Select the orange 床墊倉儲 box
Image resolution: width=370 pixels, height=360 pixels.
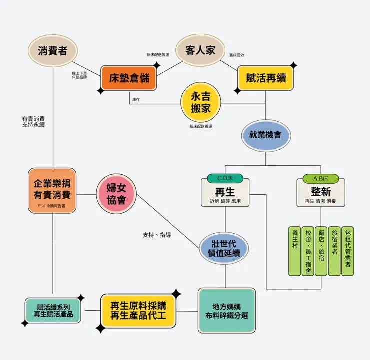[x=129, y=78]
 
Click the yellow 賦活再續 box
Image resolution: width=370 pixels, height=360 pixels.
[x=265, y=78]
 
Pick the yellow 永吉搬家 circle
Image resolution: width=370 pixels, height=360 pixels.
[x=200, y=102]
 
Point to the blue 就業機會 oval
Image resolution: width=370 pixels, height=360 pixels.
[x=266, y=135]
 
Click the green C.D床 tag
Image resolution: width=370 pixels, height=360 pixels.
[x=225, y=178]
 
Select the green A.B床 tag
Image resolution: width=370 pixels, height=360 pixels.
[x=321, y=178]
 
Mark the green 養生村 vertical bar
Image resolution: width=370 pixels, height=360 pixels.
[x=295, y=251]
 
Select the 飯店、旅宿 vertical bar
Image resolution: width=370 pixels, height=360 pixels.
[x=321, y=251]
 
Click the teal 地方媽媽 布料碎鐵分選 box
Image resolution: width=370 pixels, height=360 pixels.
[x=226, y=310]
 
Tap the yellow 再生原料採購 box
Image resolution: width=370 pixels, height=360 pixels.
[x=138, y=311]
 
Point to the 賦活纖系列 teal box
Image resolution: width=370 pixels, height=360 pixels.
[x=53, y=310]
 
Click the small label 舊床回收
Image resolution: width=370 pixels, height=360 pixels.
[x=237, y=55]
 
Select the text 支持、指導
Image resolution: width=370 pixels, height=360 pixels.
[x=157, y=234]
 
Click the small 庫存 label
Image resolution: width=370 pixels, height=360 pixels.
[x=136, y=100]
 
